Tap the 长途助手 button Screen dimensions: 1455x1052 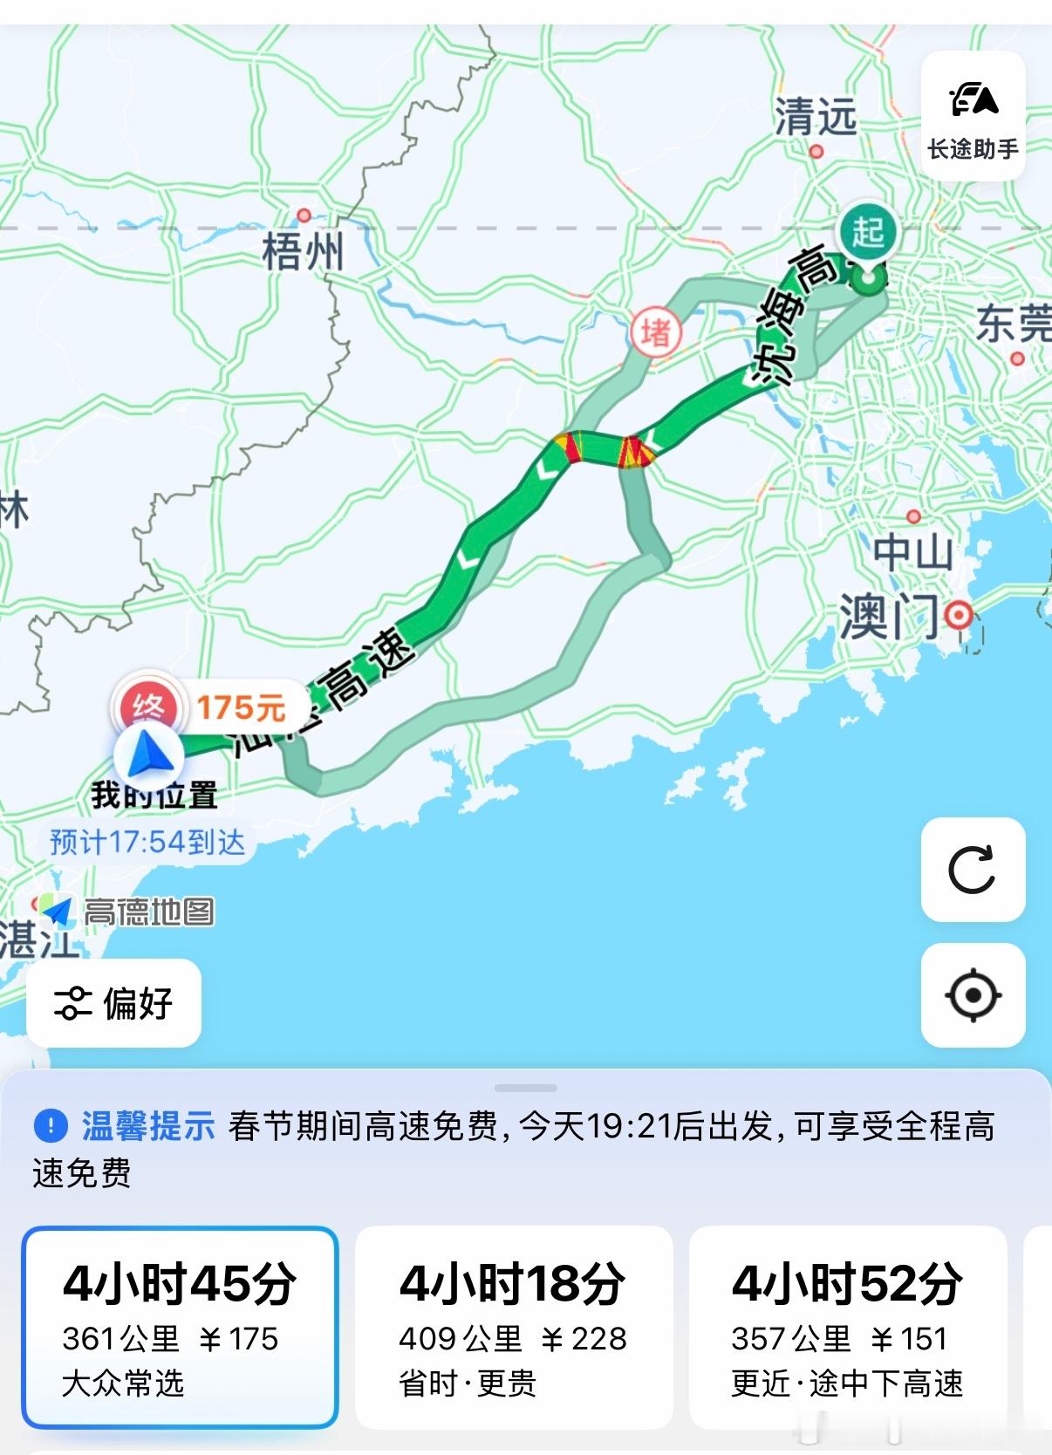(x=973, y=116)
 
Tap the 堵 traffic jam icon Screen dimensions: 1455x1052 (x=656, y=331)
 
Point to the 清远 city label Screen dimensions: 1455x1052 (x=816, y=116)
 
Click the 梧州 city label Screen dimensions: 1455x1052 (x=303, y=252)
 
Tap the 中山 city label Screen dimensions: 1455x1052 (x=912, y=552)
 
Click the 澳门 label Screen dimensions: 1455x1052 (x=889, y=617)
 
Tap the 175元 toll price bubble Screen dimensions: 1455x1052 (x=242, y=707)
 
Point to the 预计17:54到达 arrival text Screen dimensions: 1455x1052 (x=147, y=842)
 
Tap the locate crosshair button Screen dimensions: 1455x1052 (x=973, y=994)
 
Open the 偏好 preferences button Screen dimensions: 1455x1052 (x=114, y=1003)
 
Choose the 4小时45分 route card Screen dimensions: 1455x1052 (x=180, y=1327)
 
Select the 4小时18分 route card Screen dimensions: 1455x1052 (x=513, y=1327)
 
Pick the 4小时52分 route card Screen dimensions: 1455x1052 (x=847, y=1327)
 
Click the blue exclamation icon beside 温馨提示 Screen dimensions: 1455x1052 (x=51, y=1125)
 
